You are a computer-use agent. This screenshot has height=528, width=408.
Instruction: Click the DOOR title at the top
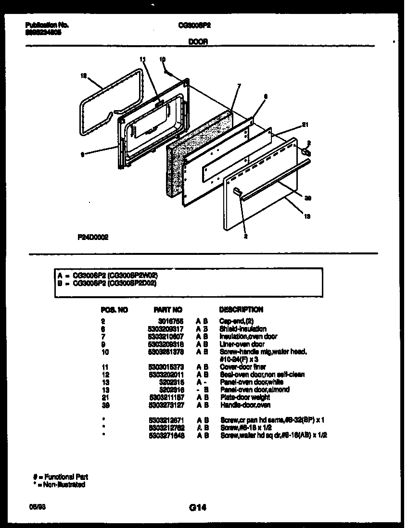pyautogui.click(x=198, y=42)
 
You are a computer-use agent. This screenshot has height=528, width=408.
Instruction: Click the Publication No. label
pyautogui.click(x=47, y=25)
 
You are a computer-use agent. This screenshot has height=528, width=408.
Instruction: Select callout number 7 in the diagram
pyautogui.click(x=239, y=87)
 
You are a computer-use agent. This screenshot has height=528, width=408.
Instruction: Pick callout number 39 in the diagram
pyautogui.click(x=308, y=197)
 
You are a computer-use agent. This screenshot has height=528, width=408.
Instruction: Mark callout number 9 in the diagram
pyautogui.click(x=83, y=154)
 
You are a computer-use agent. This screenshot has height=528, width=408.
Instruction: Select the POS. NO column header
pyautogui.click(x=115, y=310)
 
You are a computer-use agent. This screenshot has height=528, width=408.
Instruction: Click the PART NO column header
pyautogui.click(x=167, y=310)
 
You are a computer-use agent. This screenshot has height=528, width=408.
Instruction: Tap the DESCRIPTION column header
pyautogui.click(x=241, y=310)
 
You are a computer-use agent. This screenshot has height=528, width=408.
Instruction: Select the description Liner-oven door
pyautogui.click(x=242, y=344)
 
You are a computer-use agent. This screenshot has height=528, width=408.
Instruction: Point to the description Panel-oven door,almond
pyautogui.click(x=255, y=390)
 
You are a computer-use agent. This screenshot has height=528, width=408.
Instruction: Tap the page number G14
pyautogui.click(x=197, y=507)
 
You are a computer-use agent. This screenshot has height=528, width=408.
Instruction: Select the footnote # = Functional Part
pyautogui.click(x=60, y=477)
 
